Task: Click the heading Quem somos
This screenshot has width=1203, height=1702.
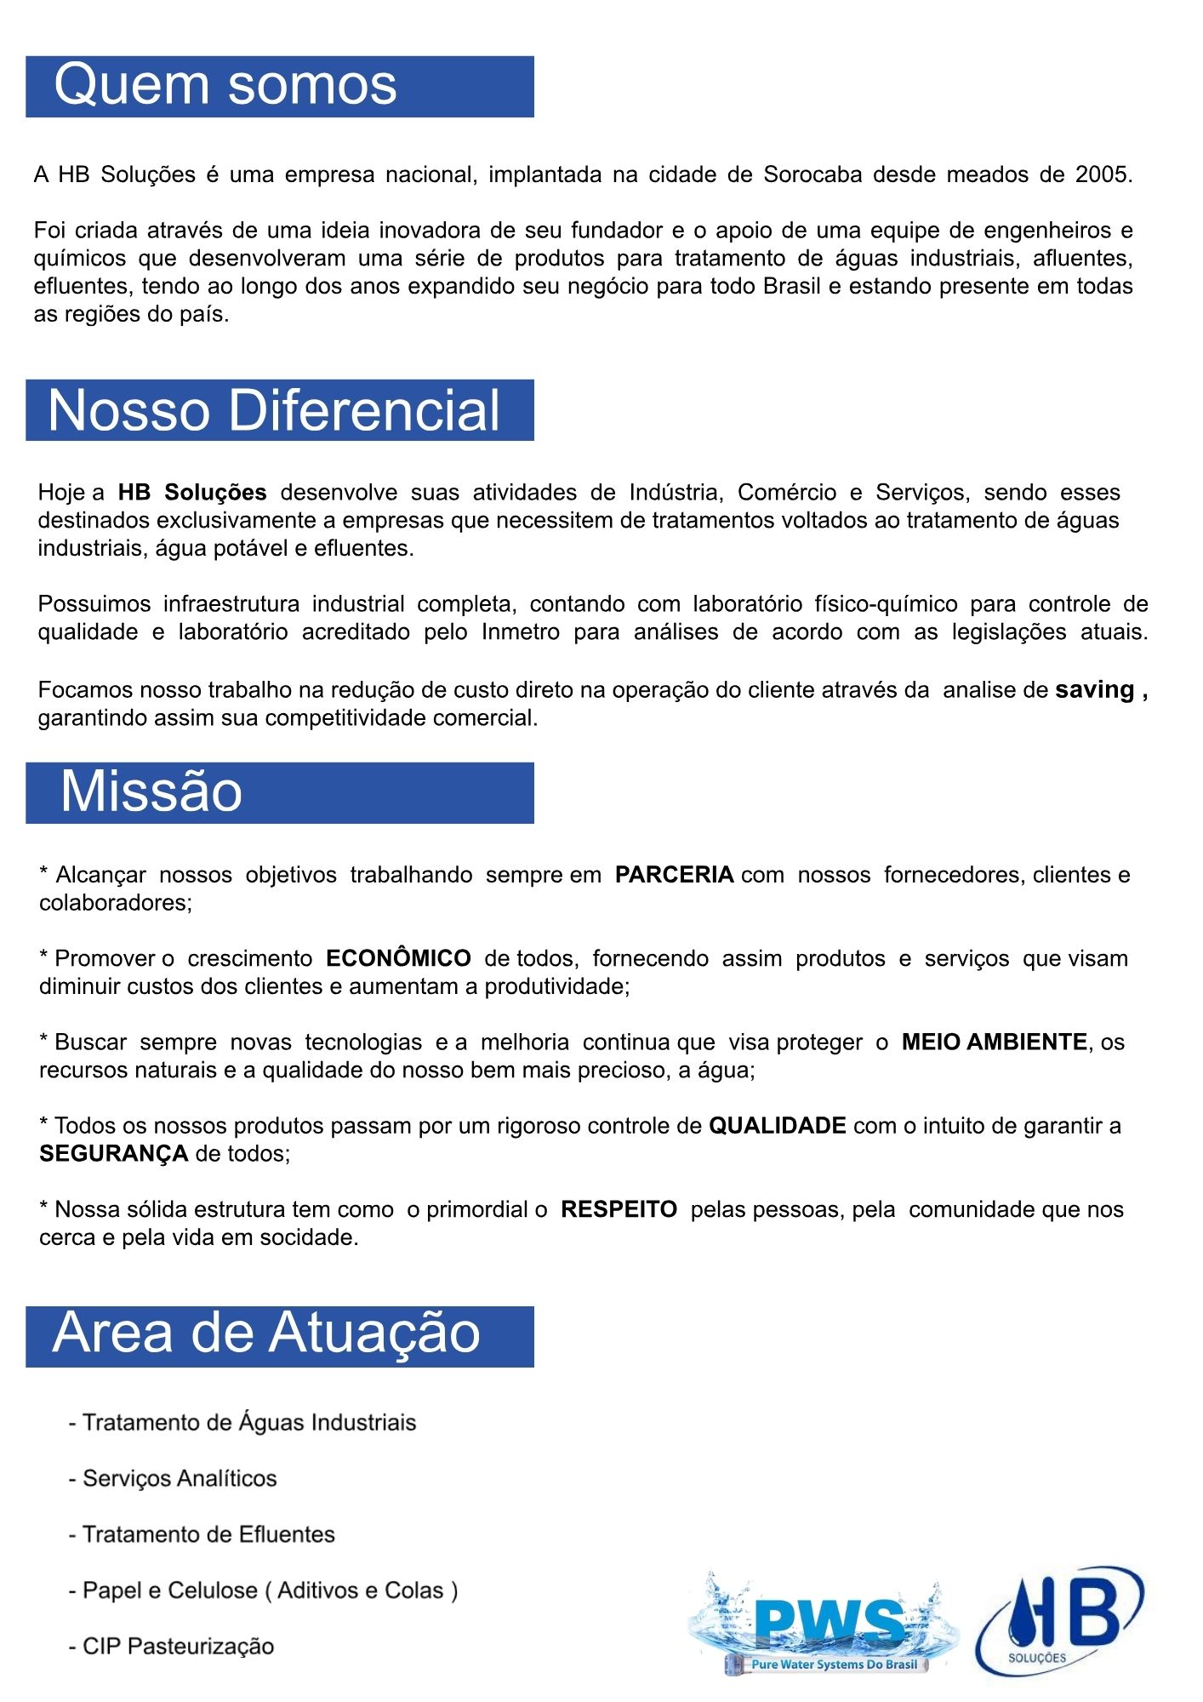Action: point(225,86)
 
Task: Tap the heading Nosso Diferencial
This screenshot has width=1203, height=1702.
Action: point(274,411)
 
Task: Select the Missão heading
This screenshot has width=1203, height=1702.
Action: point(151,792)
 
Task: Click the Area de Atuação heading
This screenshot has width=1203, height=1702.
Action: point(266,1334)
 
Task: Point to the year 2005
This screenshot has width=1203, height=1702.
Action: point(1103,174)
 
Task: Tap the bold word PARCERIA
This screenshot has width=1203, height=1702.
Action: point(674,875)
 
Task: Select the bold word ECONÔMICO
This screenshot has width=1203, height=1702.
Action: point(398,958)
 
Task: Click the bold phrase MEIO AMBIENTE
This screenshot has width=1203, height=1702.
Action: point(994,1042)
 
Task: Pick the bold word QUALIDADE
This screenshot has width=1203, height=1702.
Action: point(778,1126)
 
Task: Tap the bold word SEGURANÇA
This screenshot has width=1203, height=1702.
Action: point(113,1154)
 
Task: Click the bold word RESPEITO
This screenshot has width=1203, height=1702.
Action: point(619,1209)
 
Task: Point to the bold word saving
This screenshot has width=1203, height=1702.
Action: point(1094,690)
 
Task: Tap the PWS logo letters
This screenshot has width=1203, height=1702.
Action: point(830,1624)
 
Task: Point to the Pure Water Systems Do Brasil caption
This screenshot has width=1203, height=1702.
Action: point(833,1665)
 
